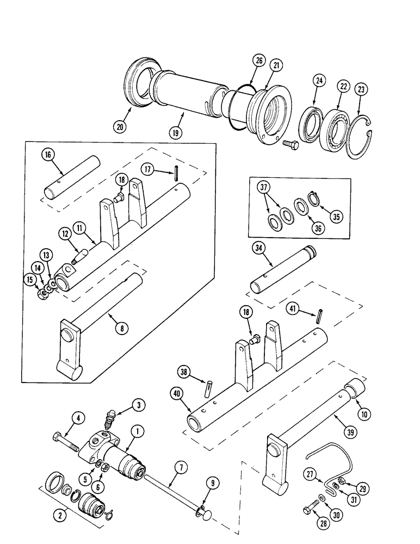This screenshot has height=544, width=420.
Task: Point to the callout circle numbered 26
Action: (x=258, y=61)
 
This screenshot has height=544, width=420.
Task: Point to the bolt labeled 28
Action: (x=308, y=510)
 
